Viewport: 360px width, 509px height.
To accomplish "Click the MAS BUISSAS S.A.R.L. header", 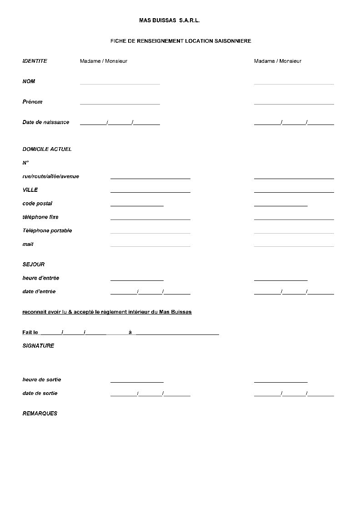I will click(169, 20).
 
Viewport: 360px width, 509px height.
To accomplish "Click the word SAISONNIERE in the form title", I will click(233, 41).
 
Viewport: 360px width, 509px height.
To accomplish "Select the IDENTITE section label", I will click(35, 61).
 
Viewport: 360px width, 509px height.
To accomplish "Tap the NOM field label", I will click(29, 81).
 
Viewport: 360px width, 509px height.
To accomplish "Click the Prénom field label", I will click(32, 102).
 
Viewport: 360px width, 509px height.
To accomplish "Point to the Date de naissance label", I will click(45, 122).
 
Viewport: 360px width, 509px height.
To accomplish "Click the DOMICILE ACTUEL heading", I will click(47, 149).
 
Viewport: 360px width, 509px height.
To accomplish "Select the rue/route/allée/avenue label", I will click(50, 176).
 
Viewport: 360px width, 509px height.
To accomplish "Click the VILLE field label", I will click(30, 190).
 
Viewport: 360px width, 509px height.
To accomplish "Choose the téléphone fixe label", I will click(40, 217).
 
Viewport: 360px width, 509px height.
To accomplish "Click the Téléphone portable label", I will click(47, 231).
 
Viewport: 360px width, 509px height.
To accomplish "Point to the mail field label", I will click(28, 245).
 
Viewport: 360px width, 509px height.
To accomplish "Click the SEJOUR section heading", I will click(33, 264).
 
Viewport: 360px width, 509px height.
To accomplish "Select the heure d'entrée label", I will click(40, 278).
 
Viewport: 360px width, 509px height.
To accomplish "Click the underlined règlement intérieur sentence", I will click(107, 312).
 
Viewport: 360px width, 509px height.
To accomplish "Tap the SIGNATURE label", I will click(38, 346).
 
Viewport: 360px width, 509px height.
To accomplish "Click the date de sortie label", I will click(40, 394).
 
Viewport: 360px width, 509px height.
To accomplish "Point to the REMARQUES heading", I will click(40, 414).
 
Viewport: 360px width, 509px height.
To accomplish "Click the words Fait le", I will click(30, 333).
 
